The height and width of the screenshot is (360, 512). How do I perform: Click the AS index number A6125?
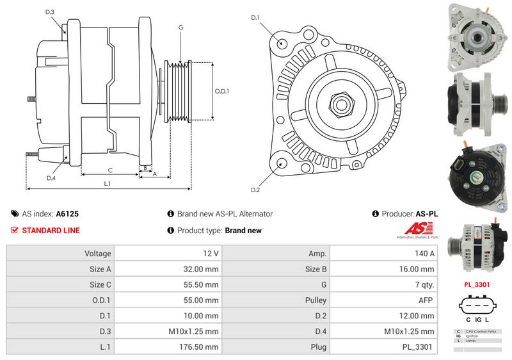click(67, 214)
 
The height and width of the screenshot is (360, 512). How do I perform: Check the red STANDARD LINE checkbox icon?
click(15, 231)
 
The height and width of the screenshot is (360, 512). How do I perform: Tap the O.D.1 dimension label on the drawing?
click(221, 90)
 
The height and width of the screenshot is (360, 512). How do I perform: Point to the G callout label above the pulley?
click(181, 27)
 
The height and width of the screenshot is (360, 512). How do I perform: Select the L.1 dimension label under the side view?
click(108, 184)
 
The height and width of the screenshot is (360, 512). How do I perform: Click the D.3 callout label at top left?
click(50, 12)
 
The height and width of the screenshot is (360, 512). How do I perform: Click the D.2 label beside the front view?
click(255, 190)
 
